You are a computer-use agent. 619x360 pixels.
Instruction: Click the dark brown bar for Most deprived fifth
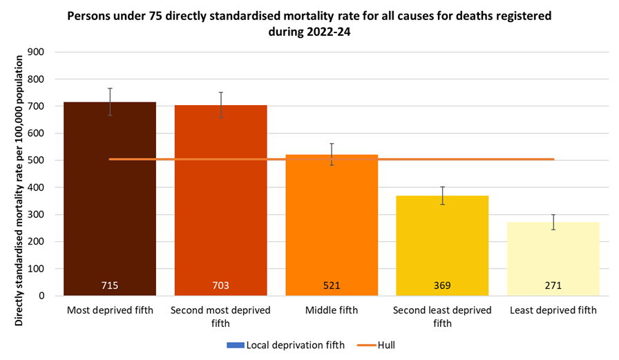[110, 207]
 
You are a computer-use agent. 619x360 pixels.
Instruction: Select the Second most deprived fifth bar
[220, 207]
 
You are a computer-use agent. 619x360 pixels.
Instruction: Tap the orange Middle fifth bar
[332, 228]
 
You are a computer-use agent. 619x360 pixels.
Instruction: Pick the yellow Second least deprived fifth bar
[442, 242]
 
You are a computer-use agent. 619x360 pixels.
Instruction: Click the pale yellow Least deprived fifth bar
[553, 256]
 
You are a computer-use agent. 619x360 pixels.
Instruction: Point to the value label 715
[110, 285]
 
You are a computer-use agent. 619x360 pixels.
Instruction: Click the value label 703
[220, 285]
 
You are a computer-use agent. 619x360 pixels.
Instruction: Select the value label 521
[332, 285]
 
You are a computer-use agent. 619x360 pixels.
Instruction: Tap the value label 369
[442, 285]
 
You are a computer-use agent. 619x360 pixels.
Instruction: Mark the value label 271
[553, 285]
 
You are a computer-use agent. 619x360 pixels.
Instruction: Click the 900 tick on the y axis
[36, 52]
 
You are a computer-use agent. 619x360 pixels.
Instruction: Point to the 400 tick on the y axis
[36, 187]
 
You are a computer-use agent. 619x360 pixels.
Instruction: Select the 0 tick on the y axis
[41, 296]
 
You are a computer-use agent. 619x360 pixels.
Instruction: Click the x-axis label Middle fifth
[332, 310]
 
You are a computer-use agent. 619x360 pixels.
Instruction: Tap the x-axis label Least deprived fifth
[553, 310]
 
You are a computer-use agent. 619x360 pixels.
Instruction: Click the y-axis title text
[18, 172]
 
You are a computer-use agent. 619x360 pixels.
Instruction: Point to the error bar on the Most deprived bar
[110, 102]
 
